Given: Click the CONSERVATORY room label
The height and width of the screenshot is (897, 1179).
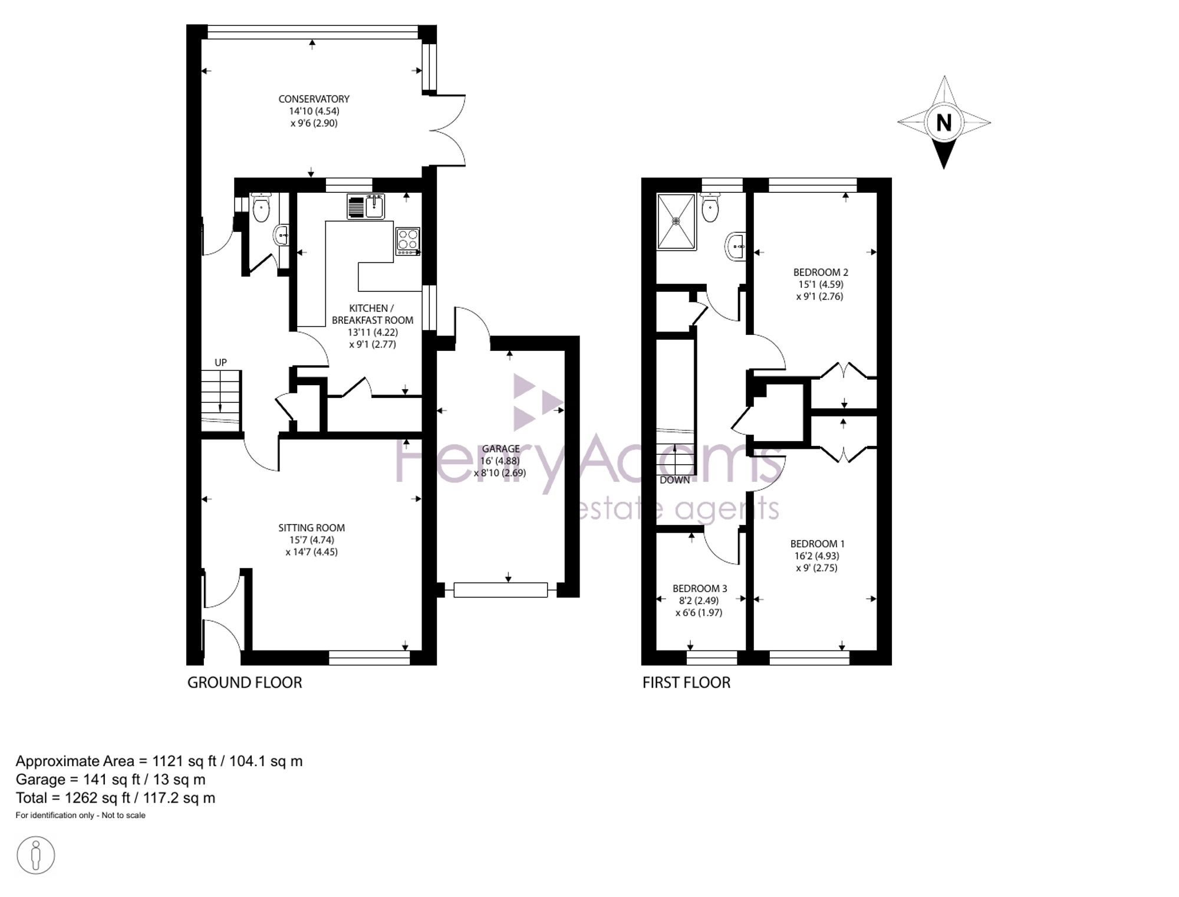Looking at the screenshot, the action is click(314, 99).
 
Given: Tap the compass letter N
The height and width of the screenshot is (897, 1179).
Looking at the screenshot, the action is click(944, 123).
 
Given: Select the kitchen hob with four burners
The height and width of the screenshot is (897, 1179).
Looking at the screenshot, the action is click(408, 241).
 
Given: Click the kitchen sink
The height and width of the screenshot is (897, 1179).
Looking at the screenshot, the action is click(366, 206).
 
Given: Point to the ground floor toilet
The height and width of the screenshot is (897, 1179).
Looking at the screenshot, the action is click(261, 208).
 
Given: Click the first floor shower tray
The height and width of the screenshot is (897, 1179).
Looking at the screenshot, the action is click(677, 221).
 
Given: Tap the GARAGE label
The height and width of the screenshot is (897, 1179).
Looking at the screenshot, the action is click(500, 449).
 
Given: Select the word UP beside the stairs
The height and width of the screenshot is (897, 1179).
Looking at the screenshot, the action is click(220, 363).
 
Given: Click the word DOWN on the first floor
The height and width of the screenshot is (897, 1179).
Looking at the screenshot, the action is click(675, 480).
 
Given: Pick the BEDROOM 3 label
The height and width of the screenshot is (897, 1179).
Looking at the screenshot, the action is click(700, 589).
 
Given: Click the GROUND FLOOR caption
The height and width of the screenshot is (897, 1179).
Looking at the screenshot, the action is click(245, 683).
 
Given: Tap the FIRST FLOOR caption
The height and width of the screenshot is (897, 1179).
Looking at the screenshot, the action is click(686, 683).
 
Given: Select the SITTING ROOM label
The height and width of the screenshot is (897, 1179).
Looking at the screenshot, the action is click(312, 528).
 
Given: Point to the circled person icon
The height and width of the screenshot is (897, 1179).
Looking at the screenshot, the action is click(36, 855).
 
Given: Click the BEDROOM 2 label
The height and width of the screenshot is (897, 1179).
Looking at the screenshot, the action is click(821, 272).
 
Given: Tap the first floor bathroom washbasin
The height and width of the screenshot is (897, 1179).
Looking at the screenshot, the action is click(736, 247).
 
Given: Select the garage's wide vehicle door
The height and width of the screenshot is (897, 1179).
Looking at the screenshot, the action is click(500, 590).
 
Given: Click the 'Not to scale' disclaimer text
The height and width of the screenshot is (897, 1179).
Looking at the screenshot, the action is click(124, 816).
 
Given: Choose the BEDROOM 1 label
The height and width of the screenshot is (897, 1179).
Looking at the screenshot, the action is click(818, 544).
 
